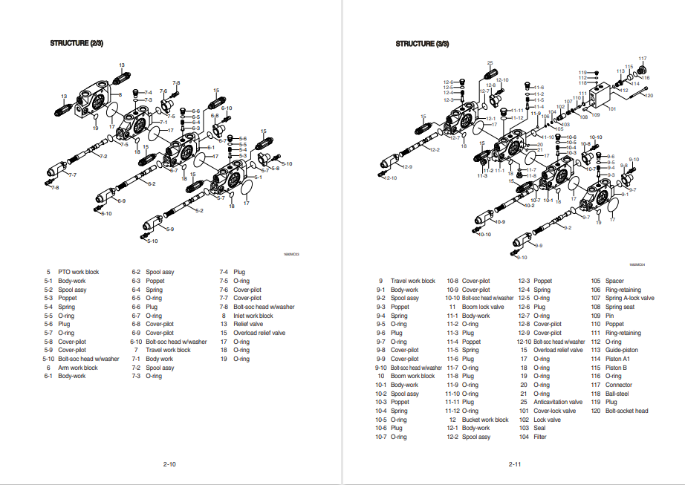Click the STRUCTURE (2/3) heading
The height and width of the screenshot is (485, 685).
[x=77, y=44]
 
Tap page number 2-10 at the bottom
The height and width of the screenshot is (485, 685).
[x=169, y=464]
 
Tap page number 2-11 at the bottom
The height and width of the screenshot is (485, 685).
[x=514, y=464]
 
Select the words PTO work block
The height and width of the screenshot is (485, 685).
[x=78, y=272]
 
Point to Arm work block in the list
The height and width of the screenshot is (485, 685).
[x=78, y=368]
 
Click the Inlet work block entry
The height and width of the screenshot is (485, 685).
[x=253, y=316]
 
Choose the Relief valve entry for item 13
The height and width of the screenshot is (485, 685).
[x=248, y=325]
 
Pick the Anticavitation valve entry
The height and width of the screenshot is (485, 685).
[x=559, y=402]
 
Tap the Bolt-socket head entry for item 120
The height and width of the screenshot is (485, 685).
[x=626, y=411]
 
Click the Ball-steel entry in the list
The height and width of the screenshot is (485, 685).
[x=621, y=394]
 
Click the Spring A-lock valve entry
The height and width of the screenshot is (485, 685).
[x=629, y=298]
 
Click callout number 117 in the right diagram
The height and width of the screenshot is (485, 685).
[x=643, y=59]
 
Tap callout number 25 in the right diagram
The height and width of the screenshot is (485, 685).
[x=490, y=63]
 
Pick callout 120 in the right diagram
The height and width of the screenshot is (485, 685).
[x=649, y=95]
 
